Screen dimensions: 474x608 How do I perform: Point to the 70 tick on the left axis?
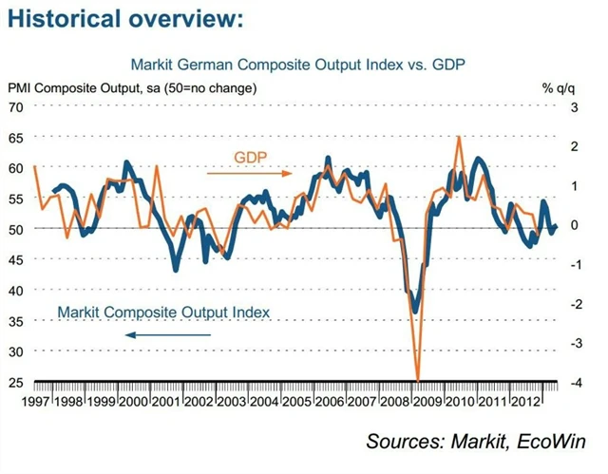click(x=16, y=106)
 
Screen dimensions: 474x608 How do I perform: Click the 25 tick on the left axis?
click(x=16, y=382)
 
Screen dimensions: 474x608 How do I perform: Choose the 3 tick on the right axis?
click(x=548, y=106)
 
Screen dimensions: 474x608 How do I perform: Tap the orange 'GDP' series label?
click(x=250, y=157)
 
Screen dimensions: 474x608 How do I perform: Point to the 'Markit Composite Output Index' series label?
click(x=163, y=312)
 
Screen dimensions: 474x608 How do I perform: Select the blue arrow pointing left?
click(x=158, y=334)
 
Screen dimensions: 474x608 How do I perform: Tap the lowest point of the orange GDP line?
click(x=418, y=379)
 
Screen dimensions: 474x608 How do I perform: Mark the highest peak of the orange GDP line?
click(x=460, y=136)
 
